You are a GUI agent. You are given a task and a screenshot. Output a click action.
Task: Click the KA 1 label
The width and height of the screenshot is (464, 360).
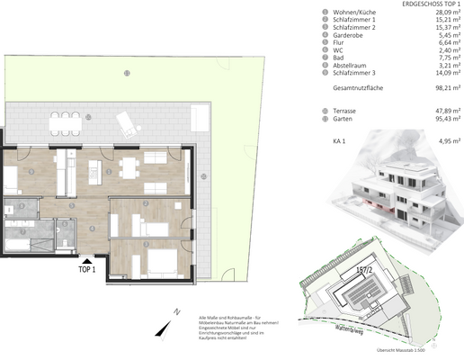pos(338,142)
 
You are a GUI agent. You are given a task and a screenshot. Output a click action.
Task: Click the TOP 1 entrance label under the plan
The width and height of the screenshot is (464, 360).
pos(87,269)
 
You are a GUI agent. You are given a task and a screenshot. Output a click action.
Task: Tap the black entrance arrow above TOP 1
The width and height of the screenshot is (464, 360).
pos(87,259)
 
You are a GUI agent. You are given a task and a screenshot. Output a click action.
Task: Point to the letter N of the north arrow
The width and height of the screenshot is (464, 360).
pos(178,310)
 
